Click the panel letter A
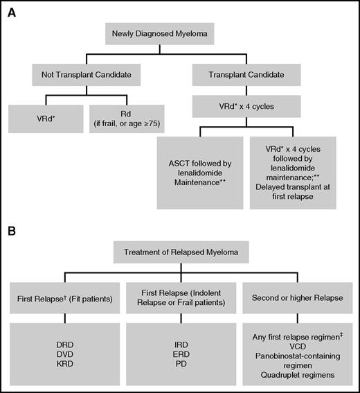10,10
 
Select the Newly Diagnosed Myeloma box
158,31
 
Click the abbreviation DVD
60,352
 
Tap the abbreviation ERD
178,352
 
